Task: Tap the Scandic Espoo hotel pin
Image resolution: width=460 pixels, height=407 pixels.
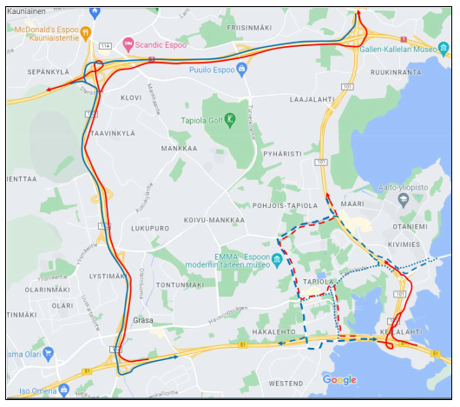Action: pyautogui.click(x=129, y=43)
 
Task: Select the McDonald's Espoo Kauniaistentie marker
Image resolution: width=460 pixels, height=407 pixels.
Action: pyautogui.click(x=86, y=32)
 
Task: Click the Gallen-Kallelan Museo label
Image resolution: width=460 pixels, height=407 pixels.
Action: pyautogui.click(x=404, y=50)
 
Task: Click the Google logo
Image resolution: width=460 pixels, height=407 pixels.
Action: pyautogui.click(x=339, y=380)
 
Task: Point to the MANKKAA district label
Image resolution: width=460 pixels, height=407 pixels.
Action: pyautogui.click(x=180, y=150)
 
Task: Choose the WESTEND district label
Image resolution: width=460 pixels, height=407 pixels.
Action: pyautogui.click(x=286, y=384)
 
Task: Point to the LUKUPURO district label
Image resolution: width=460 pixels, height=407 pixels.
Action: pyautogui.click(x=149, y=228)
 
